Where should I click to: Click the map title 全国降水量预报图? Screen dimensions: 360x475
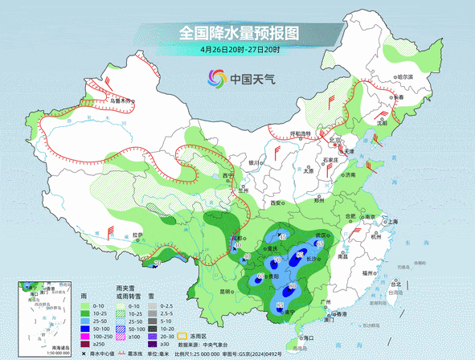click(x=239, y=34)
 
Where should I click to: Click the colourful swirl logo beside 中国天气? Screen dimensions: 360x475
click(x=217, y=79)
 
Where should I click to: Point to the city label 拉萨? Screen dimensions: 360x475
click(x=137, y=235)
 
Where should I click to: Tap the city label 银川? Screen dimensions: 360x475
click(x=254, y=162)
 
